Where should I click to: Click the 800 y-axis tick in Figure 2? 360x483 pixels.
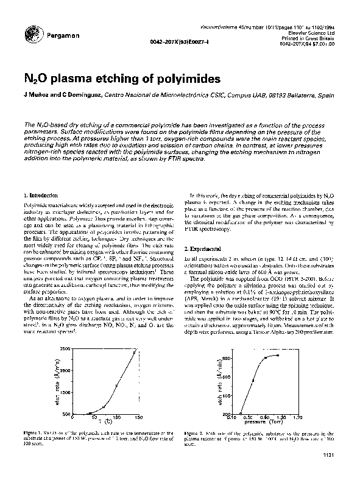click(235, 358)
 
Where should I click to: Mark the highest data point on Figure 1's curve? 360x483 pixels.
click(135, 352)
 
